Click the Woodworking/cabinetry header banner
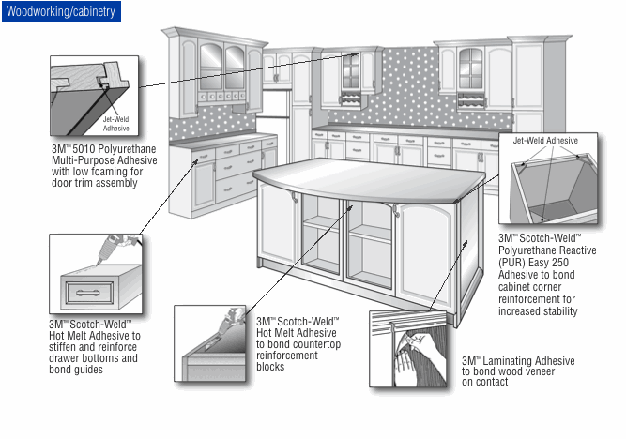tap(60, 11)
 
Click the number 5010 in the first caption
tap(89, 148)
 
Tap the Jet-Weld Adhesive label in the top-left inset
tap(116, 123)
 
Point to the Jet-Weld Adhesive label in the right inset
tap(545, 141)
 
